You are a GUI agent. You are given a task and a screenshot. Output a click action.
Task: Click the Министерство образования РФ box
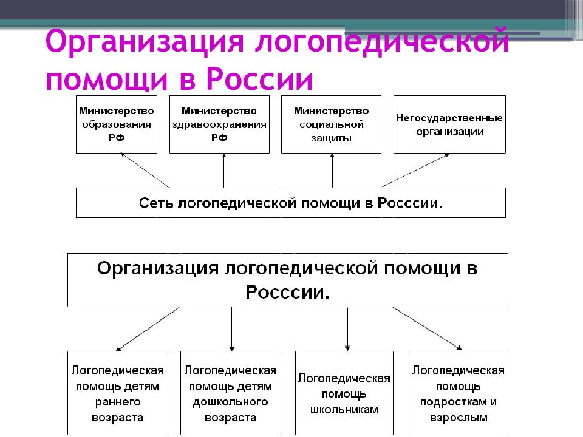[x=117, y=124]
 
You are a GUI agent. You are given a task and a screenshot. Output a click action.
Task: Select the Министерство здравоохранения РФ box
[x=219, y=124]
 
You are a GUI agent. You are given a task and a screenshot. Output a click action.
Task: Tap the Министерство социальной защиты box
[x=332, y=124]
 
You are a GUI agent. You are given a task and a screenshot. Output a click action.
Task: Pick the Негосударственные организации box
[x=449, y=124]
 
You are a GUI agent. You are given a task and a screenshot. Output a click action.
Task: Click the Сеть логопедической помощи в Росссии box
[x=291, y=203]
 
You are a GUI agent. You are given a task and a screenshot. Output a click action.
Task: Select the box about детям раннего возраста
[x=117, y=393]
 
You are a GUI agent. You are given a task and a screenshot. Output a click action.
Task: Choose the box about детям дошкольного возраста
[x=231, y=393]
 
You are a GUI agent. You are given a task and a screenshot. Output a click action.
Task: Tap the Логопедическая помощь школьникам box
[x=344, y=393]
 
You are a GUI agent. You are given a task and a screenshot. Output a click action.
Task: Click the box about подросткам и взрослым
[x=459, y=393]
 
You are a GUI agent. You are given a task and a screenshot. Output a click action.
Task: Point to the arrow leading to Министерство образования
[x=145, y=170]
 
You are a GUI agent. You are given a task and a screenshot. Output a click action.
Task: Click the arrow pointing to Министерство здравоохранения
[x=224, y=171]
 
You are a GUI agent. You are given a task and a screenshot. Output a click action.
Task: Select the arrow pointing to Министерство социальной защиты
[x=332, y=171]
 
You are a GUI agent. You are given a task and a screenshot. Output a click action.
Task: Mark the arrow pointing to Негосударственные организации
[x=415, y=170]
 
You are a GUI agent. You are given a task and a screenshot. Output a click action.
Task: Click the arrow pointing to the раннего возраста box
[x=147, y=329]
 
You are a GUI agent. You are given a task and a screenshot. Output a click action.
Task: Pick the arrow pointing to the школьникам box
[x=347, y=329]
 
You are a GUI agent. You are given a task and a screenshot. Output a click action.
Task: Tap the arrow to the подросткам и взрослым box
[x=427, y=328]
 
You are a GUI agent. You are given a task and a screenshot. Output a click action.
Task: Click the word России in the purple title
[x=259, y=79]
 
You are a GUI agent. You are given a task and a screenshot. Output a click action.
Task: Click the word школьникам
[x=344, y=410]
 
